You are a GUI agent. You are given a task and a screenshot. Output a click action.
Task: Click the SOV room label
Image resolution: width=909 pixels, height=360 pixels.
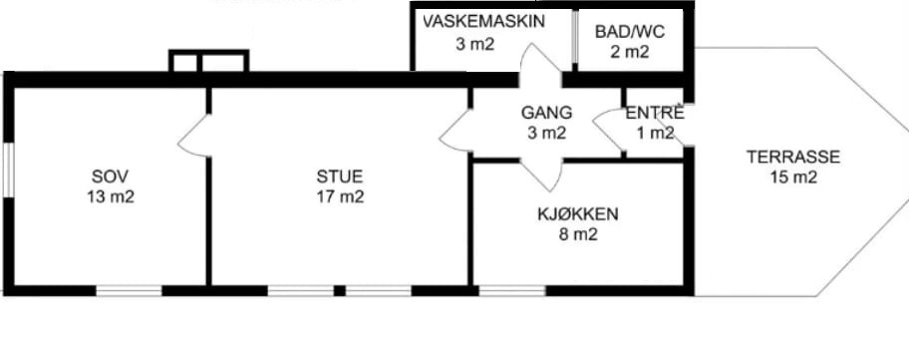pos(111,177)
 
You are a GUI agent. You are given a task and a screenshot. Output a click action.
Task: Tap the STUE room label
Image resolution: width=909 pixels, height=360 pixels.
pos(340,177)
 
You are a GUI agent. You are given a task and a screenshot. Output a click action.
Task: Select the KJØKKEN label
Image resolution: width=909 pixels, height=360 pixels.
pos(577,214)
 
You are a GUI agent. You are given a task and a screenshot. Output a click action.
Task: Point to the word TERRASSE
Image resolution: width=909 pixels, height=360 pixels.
pos(793,158)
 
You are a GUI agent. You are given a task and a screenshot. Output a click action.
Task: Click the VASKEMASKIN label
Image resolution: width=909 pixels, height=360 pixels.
pos(483,22)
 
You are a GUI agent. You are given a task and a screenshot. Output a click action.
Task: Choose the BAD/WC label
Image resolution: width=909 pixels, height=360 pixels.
pos(630,31)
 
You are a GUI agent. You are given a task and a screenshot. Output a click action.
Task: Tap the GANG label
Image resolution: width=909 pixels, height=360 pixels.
pos(546,113)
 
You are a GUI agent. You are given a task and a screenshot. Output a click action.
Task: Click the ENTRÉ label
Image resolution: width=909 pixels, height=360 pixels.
pos(655,114)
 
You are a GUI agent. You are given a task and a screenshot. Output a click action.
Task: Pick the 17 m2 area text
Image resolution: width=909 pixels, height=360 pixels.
pos(340,197)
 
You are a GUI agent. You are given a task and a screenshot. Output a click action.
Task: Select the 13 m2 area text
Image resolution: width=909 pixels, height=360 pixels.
pos(111,197)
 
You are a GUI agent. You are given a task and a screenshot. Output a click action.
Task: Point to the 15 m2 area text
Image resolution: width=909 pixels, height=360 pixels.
pos(793,178)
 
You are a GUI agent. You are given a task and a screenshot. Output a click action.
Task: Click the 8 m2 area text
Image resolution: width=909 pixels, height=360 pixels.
pos(577,234)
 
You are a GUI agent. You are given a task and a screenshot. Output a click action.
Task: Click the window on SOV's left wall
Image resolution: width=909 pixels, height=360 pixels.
pos(8,170)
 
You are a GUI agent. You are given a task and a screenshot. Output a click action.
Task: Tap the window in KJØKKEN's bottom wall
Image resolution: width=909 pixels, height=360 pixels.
pos(512,290)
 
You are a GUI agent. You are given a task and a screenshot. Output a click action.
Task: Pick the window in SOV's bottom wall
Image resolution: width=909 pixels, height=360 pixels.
pos(129,290)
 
